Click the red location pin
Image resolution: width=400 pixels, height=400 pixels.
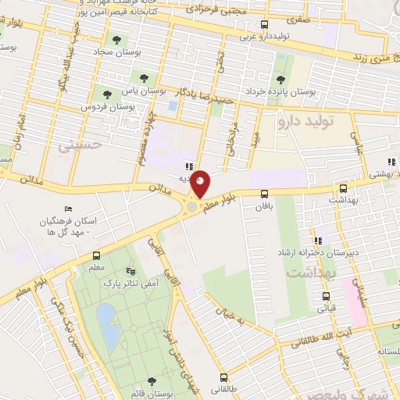pyautogui.click(x=201, y=183)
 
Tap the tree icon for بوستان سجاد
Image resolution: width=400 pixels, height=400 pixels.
pyautogui.click(x=117, y=40)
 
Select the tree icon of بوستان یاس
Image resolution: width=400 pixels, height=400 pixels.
pyautogui.click(x=143, y=77)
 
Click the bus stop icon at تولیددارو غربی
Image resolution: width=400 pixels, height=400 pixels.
pyautogui.click(x=265, y=25)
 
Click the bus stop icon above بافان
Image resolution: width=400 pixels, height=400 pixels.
pyautogui.click(x=264, y=194)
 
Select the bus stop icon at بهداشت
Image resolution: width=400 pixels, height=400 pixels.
pyautogui.click(x=343, y=188)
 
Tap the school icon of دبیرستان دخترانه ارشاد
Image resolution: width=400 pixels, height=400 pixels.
pyautogui.click(x=317, y=241)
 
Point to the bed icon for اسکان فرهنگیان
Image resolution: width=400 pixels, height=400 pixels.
pyautogui.click(x=68, y=209)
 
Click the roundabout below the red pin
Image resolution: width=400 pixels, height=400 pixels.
pyautogui.click(x=192, y=208)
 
